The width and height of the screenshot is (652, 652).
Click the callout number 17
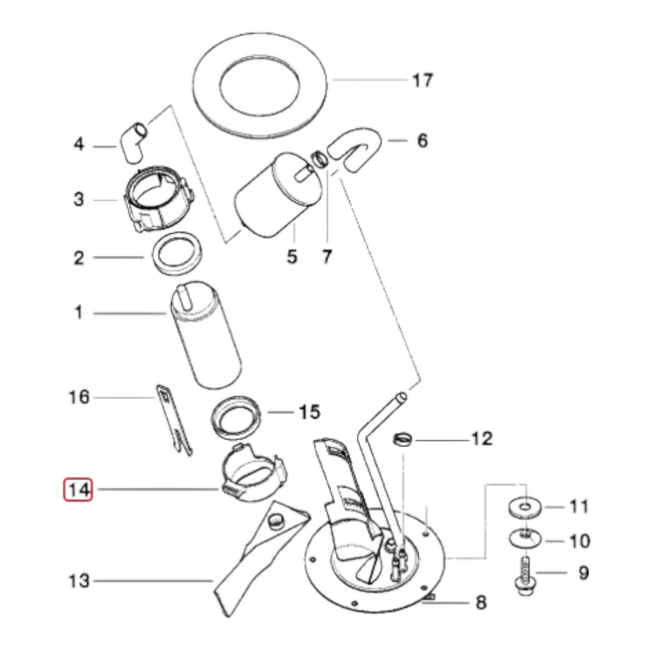pos(423,81)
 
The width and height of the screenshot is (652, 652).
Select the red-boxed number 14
pos(78,490)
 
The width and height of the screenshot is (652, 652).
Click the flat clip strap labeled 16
pos(174,420)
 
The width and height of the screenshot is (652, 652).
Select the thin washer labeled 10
pos(525,538)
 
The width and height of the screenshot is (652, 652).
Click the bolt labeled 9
pos(524,578)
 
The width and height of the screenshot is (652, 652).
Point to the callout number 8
pos(481,602)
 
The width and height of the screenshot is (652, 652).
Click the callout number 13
pos(79,581)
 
